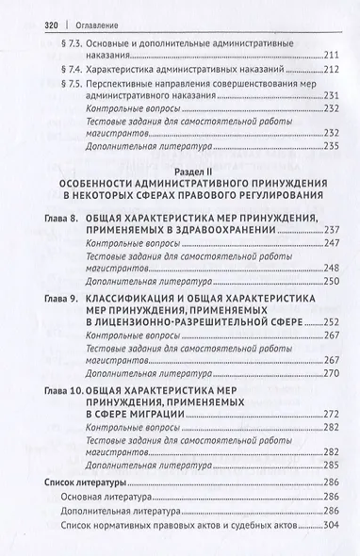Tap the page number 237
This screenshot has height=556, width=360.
coord(326,232)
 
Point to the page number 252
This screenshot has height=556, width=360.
coord(326,322)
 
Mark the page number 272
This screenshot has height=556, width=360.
coord(326,413)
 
